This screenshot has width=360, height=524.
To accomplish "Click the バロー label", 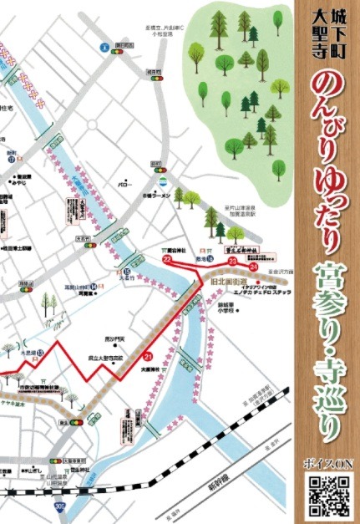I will pos(125,182).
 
